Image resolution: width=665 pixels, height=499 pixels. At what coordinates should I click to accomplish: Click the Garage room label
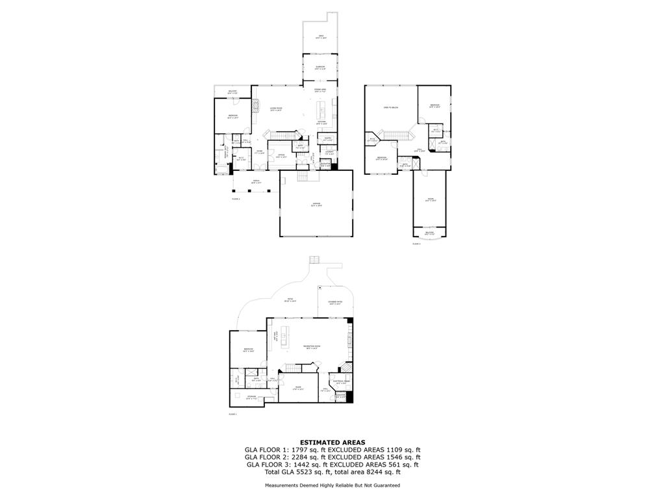(x=316, y=205)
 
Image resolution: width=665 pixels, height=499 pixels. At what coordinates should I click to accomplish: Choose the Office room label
(x=281, y=156)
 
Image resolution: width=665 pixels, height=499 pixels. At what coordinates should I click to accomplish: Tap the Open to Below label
(x=390, y=107)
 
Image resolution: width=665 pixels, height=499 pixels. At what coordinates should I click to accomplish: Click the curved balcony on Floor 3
(x=429, y=233)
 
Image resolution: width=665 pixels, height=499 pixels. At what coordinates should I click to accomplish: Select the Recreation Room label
(x=313, y=348)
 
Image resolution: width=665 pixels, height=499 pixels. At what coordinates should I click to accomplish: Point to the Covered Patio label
(x=334, y=302)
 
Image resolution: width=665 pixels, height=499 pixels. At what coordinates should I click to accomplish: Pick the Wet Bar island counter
(x=284, y=337)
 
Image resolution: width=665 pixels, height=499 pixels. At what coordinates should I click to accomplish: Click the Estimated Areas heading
(x=332, y=442)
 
